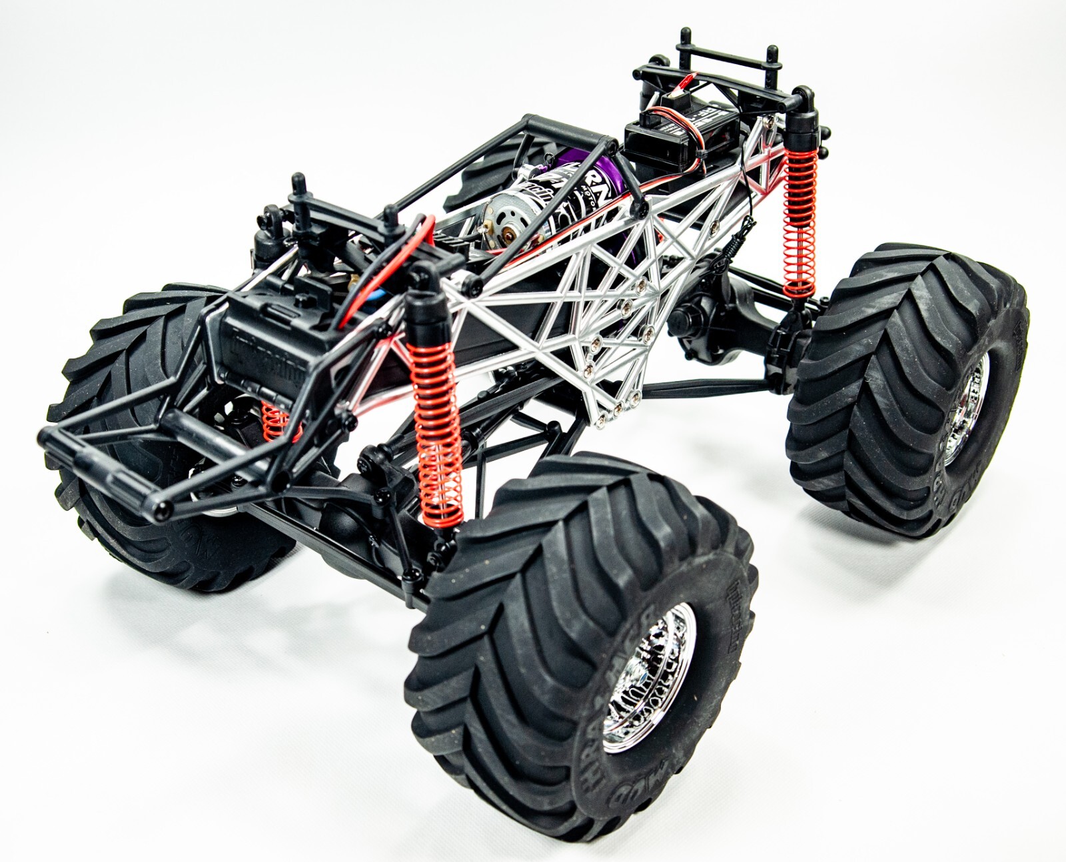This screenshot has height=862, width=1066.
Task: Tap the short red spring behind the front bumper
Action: [273, 420]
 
